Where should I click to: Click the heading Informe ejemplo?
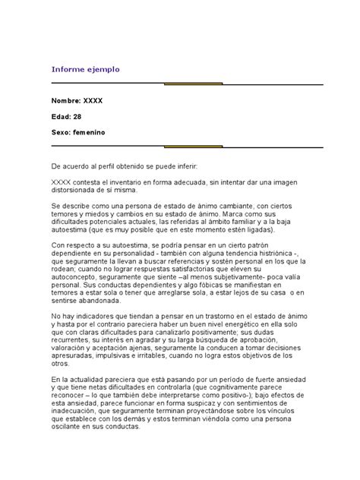(86, 69)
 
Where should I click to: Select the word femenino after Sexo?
(90, 131)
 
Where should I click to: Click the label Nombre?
(69, 101)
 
